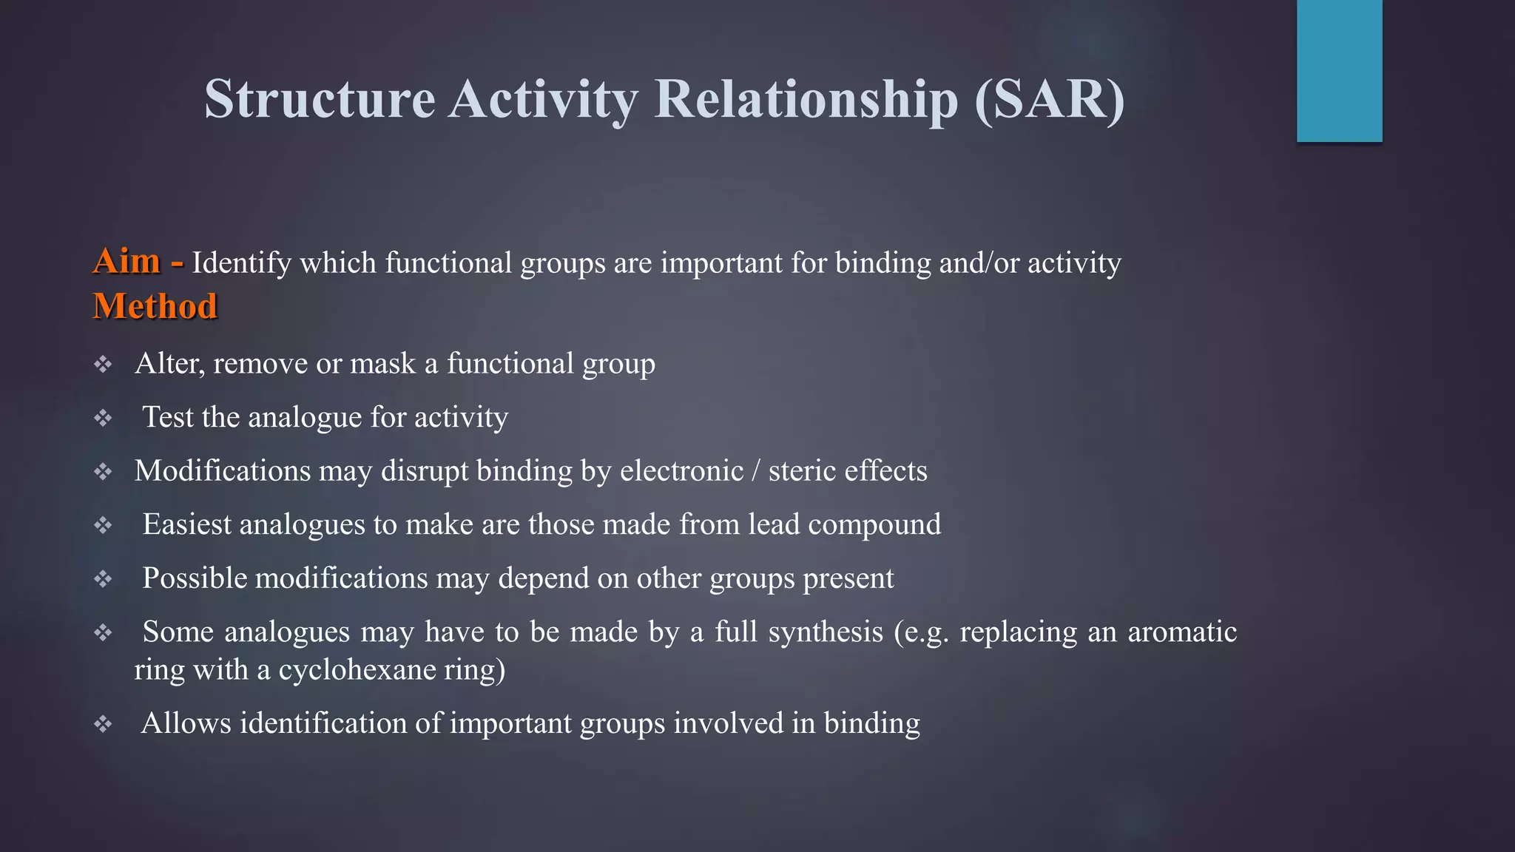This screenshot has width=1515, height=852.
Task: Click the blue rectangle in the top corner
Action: [x=1339, y=70]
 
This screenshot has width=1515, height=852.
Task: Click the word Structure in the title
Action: [x=320, y=99]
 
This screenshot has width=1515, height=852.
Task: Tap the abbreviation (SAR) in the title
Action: [x=1050, y=99]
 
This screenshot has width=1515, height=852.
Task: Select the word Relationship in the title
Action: [x=806, y=99]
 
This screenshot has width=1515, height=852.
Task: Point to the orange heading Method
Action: [x=155, y=306]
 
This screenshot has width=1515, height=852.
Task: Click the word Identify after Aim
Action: [x=242, y=263]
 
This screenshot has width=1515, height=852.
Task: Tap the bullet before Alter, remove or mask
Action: [x=103, y=364]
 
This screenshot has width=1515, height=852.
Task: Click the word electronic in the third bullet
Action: [x=681, y=471]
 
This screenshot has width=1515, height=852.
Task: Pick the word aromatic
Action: [x=1181, y=632]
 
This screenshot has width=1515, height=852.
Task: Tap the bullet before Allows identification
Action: [x=103, y=723]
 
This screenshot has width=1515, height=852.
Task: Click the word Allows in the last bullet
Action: [x=186, y=723]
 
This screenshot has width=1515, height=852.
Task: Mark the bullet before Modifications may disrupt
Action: [x=103, y=471]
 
